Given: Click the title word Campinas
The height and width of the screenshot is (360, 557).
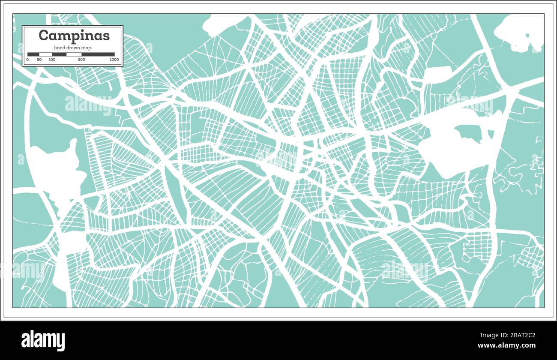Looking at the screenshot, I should coord(74,36).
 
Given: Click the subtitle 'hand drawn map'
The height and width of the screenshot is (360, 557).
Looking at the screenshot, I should coord(72,48).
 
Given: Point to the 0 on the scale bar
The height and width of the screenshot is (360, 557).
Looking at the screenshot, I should coord(27,60).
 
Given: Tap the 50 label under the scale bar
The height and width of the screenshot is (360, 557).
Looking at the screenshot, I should coord(39,60).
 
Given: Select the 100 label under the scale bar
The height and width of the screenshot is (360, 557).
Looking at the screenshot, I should coord(52,60).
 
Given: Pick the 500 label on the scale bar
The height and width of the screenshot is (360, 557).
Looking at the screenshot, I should coord(81,60).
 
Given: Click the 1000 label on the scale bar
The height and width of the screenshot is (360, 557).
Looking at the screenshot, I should coord(114,60).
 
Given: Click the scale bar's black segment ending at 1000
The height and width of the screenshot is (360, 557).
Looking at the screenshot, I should coord(98,54).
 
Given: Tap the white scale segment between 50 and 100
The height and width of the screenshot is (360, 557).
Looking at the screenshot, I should coord(46,54).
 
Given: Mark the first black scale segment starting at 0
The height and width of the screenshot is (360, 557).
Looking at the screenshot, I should coord(33,54).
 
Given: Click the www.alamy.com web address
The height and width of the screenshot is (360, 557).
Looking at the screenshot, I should coord(506,345).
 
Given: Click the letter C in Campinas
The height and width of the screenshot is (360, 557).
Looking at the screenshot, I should coord(43,36).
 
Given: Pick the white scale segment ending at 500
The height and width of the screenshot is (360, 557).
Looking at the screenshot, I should coord(74,54).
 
